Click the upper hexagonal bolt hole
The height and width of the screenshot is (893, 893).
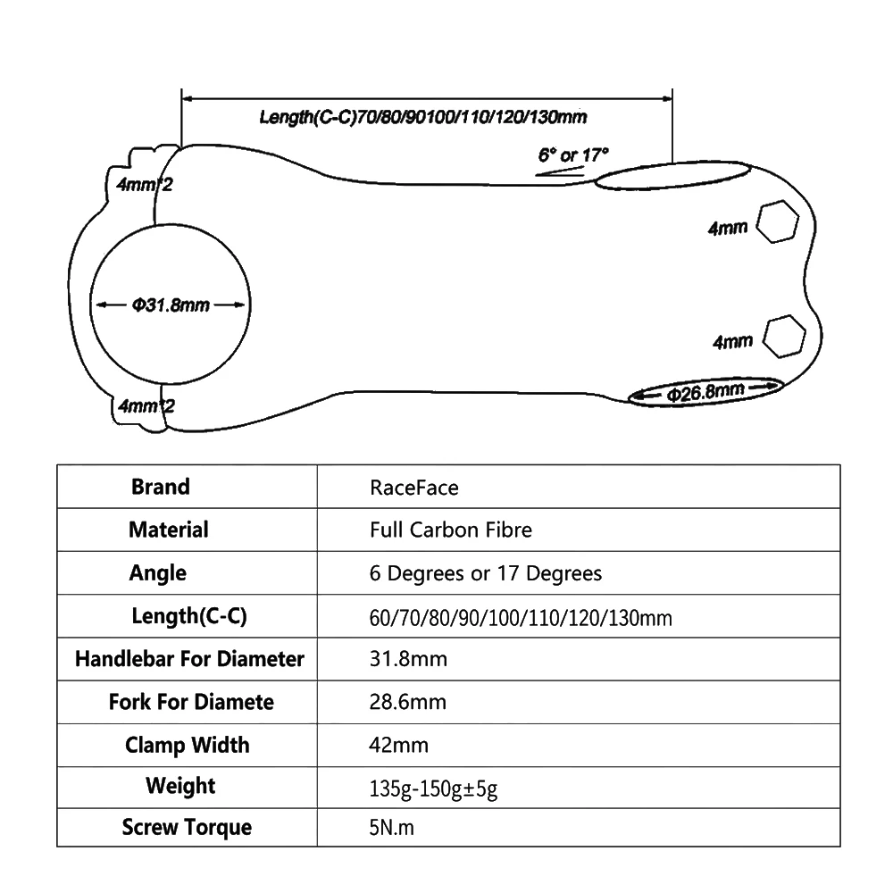778,221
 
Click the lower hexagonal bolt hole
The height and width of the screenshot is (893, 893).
784,337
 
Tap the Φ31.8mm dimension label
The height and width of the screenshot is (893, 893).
171,305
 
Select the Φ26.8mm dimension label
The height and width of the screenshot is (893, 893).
705,392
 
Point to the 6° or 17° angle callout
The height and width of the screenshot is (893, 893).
573,154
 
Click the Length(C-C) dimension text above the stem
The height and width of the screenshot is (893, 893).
423,117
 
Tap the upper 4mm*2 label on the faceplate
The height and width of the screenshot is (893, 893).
145,185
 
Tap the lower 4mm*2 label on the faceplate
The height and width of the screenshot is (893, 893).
146,406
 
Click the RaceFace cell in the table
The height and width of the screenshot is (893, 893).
414,488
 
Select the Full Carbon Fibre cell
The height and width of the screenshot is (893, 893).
450,530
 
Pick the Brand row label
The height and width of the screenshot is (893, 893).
160,487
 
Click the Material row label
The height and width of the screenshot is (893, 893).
169,530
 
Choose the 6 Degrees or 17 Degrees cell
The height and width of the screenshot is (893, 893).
485,573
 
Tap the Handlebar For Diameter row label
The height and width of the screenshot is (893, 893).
189,659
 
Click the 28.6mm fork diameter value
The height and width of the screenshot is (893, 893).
408,702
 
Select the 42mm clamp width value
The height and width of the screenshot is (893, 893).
398,745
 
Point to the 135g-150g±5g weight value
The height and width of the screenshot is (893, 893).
433,789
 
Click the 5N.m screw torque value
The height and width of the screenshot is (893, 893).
392,828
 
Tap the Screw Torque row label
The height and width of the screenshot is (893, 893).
187,828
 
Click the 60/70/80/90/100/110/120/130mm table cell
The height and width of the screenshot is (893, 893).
521,618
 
